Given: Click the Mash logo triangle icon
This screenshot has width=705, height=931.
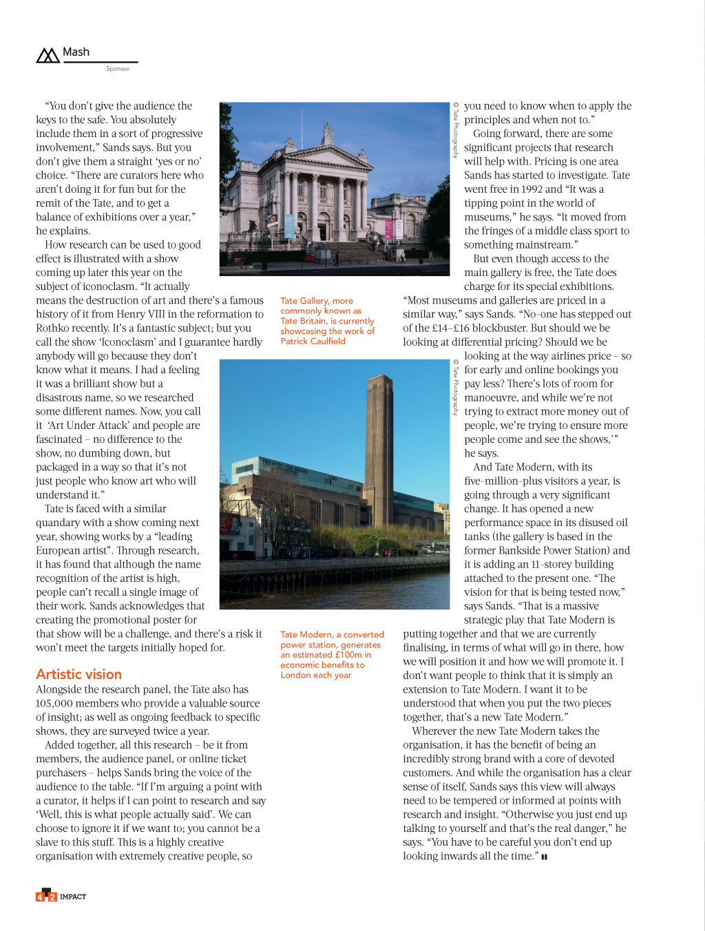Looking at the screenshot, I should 48,55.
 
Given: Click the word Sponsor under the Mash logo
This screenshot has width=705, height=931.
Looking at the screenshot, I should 118,69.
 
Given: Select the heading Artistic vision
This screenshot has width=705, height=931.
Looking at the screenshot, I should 78,674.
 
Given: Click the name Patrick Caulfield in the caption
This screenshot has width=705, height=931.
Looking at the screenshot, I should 313,341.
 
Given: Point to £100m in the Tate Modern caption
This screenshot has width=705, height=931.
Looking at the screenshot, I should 348,655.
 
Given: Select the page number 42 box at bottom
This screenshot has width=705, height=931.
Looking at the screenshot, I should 45,896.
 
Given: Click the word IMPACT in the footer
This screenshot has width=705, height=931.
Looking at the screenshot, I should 73,897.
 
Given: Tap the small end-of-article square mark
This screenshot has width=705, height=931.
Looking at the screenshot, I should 544,857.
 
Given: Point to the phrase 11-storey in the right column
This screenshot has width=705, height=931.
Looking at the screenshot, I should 556,564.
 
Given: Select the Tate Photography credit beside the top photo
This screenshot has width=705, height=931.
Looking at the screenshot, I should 455,131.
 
